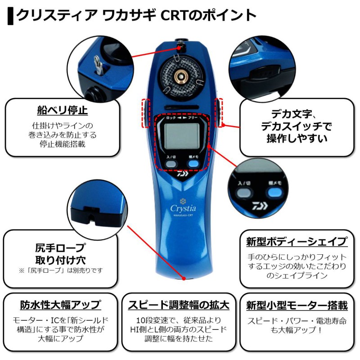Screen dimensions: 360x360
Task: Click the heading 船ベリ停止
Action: pyautogui.click(x=62, y=110)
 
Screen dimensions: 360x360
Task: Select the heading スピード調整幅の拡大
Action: pyautogui.click(x=179, y=305)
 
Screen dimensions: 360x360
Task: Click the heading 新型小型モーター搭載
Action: pyautogui.click(x=297, y=306)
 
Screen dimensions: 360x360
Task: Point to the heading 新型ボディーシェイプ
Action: pyautogui.click(x=297, y=242)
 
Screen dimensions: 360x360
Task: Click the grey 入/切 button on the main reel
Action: pyautogui.click(x=170, y=164)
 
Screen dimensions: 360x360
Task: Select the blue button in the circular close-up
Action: pyautogui.click(x=273, y=194)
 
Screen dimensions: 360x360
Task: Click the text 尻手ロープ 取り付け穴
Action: pyautogui.click(x=59, y=254)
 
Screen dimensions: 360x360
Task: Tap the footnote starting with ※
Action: pyautogui.click(x=60, y=270)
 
